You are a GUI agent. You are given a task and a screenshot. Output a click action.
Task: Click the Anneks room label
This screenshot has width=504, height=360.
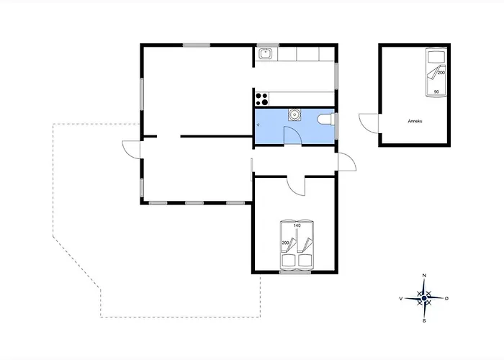[415, 121]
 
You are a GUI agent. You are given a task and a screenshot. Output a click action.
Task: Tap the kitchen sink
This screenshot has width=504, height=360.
[266, 54]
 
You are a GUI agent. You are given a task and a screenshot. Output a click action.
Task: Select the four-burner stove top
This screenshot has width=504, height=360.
[261, 99]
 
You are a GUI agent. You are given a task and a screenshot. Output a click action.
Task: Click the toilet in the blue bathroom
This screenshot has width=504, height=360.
[326, 120]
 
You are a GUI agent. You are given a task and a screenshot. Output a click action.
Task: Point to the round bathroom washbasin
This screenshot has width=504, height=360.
[294, 114]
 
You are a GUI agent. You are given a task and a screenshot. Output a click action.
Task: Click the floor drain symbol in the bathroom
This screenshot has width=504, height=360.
[258, 125]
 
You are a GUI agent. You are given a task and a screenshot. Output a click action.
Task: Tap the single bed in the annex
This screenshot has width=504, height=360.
[436, 72]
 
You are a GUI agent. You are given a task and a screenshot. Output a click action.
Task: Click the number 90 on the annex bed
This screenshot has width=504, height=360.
[436, 92]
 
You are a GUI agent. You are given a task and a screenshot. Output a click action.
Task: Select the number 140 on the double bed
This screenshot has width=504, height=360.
[297, 225]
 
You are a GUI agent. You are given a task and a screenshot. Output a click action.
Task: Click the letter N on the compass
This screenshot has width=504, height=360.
[424, 276]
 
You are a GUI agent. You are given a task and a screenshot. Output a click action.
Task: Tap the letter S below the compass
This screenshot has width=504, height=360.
[424, 321]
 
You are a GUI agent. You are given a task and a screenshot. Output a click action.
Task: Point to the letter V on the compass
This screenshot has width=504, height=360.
[401, 299]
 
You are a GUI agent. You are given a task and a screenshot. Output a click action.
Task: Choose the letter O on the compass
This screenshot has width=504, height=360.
[446, 299]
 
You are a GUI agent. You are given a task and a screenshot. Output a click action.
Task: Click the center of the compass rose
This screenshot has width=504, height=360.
[424, 299]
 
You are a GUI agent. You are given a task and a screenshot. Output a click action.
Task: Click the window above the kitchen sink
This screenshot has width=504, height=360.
[267, 45]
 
